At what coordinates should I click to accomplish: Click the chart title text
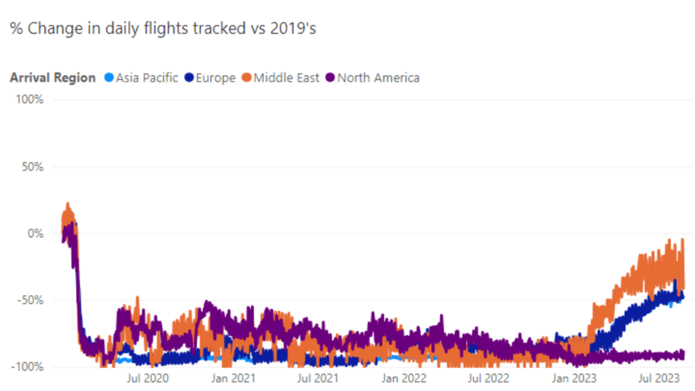pyautogui.click(x=163, y=29)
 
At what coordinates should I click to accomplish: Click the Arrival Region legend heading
pyautogui.click(x=53, y=78)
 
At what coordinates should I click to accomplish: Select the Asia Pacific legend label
pyautogui.click(x=147, y=78)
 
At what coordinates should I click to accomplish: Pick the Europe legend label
pyautogui.click(x=216, y=78)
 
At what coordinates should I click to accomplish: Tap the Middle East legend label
pyautogui.click(x=286, y=78)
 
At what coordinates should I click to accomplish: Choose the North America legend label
pyautogui.click(x=378, y=78)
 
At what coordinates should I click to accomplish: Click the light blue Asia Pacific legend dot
pyautogui.click(x=109, y=78)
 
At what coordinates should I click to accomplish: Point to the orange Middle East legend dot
pyautogui.click(x=246, y=78)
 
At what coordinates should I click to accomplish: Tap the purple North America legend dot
pyautogui.click(x=331, y=78)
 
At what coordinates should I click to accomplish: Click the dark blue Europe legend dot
pyautogui.click(x=189, y=78)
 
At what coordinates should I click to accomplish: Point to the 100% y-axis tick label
pyautogui.click(x=30, y=100)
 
